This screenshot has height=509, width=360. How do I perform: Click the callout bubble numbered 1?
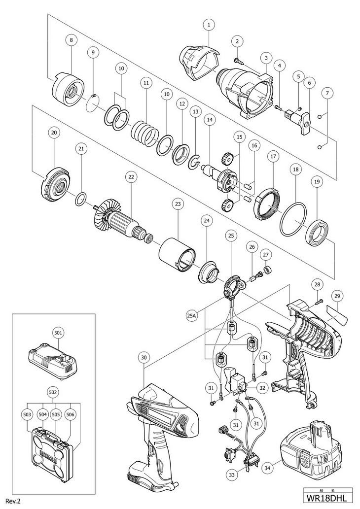pyautogui.click(x=209, y=24)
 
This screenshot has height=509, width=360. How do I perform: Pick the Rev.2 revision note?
pyautogui.click(x=12, y=501)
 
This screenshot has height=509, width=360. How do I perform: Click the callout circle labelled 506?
pyautogui.click(x=70, y=415)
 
